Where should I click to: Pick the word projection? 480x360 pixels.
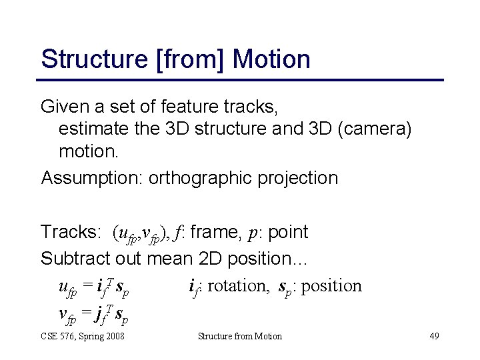point(302,178)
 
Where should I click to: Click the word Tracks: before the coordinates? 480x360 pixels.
point(70,232)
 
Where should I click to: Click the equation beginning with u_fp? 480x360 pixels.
point(94,287)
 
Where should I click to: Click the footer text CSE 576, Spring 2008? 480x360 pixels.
point(83,336)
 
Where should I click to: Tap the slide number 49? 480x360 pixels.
point(434,336)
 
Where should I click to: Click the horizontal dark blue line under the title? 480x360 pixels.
point(241,80)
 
